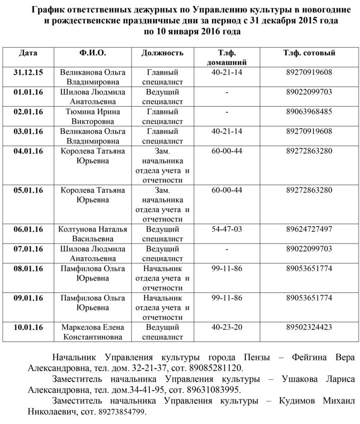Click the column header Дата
pyautogui.click(x=28, y=53)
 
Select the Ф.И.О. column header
pyautogui.click(x=93, y=53)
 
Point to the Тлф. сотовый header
pyautogui.click(x=308, y=53)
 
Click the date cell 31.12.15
pyautogui.click(x=28, y=73)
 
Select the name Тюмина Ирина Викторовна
pyautogui.click(x=93, y=116)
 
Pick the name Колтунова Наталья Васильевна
pyautogui.click(x=93, y=234)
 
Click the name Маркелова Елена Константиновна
pyautogui.click(x=93, y=332)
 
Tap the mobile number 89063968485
pyautogui.click(x=308, y=112)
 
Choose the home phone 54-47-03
pyautogui.click(x=227, y=229)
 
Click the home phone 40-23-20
pyautogui.click(x=227, y=327)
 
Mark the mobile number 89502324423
pyautogui.click(x=308, y=327)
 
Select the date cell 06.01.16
pyautogui.click(x=28, y=229)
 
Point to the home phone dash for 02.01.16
pyautogui.click(x=227, y=112)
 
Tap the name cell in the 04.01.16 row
pyautogui.click(x=93, y=156)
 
